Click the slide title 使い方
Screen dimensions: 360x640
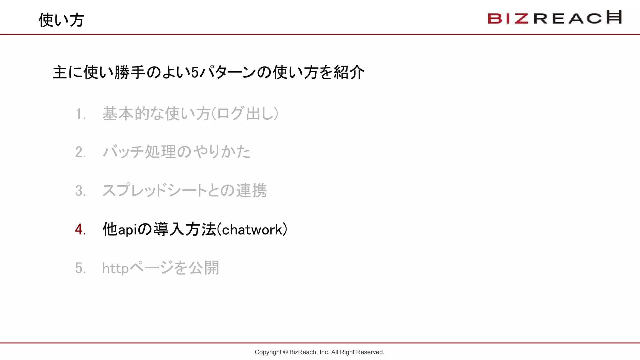click(x=61, y=20)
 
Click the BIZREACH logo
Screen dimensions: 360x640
click(x=554, y=18)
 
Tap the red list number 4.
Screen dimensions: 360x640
click(x=80, y=229)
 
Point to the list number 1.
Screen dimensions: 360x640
click(x=80, y=114)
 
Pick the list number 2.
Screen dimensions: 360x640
click(x=80, y=152)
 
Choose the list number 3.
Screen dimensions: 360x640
click(x=80, y=191)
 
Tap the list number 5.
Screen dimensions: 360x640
click(x=80, y=268)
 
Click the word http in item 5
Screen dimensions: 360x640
click(x=115, y=268)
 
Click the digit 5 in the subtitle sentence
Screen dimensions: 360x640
click(x=195, y=73)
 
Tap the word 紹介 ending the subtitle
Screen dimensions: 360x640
click(x=349, y=72)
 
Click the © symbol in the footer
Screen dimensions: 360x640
click(x=285, y=352)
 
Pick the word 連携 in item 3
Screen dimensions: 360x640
click(x=251, y=191)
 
